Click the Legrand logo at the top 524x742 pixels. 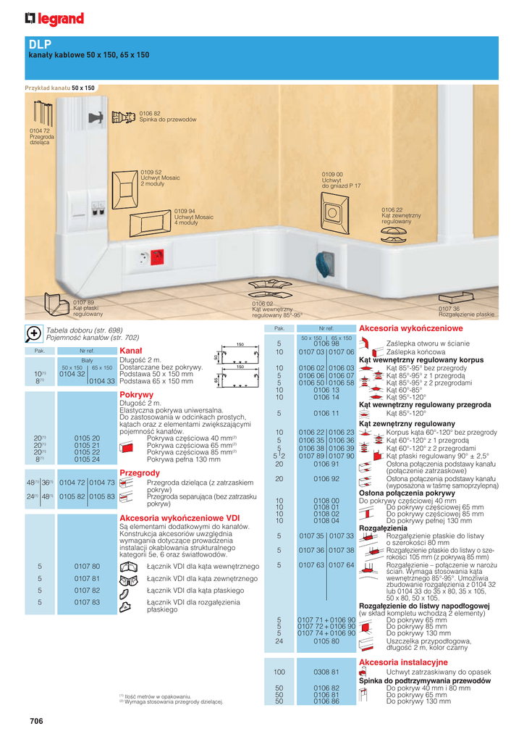[x=54, y=19]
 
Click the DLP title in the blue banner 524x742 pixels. [x=41, y=44]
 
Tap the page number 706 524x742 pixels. [x=36, y=720]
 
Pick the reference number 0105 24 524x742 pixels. [x=87, y=459]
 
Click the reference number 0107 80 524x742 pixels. [x=87, y=565]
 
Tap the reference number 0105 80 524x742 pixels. [x=326, y=641]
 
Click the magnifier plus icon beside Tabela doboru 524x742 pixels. [x=33, y=333]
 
